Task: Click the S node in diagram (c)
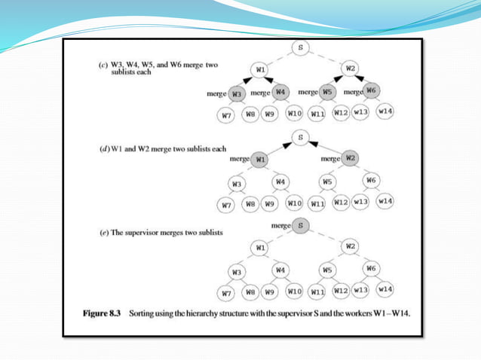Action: pyautogui.click(x=301, y=49)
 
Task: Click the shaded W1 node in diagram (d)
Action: pyautogui.click(x=259, y=160)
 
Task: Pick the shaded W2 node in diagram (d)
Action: pyautogui.click(x=349, y=159)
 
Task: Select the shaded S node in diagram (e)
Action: pyautogui.click(x=300, y=225)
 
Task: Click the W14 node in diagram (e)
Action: pyautogui.click(x=385, y=288)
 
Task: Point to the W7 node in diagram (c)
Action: pyautogui.click(x=225, y=115)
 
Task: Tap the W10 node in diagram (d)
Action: pyautogui.click(x=294, y=203)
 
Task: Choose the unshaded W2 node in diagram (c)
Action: pyautogui.click(x=349, y=69)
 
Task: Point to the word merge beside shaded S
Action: pyautogui.click(x=280, y=226)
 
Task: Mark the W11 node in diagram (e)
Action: pyautogui.click(x=317, y=291)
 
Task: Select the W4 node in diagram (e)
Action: pyautogui.click(x=280, y=269)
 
